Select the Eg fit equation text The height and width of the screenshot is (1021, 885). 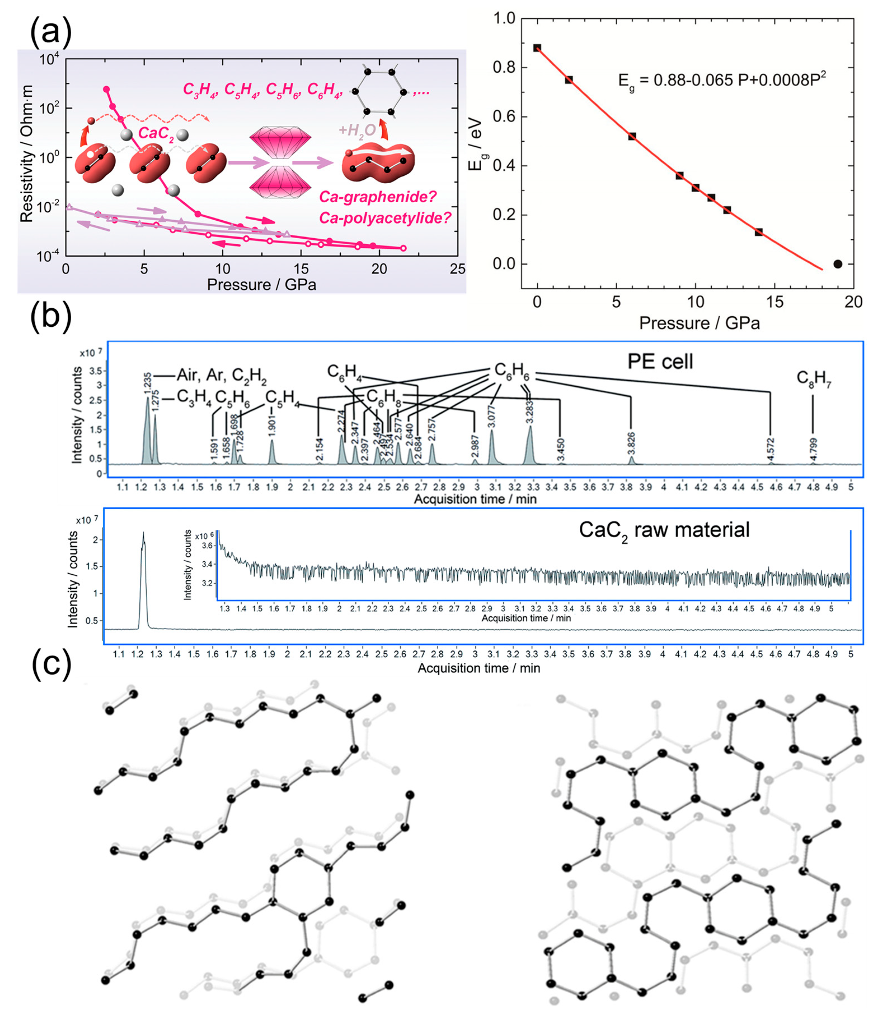point(722,80)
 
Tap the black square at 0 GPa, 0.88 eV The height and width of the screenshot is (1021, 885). point(537,48)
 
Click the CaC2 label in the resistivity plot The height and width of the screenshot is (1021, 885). point(156,133)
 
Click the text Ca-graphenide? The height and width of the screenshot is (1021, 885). point(378,197)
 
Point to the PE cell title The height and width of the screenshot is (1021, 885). point(660,362)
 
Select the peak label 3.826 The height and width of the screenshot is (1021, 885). point(631,443)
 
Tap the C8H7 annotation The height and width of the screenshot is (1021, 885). point(813,378)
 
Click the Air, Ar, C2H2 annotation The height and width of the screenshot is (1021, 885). point(221,375)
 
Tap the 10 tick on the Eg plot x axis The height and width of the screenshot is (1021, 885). point(695,302)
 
